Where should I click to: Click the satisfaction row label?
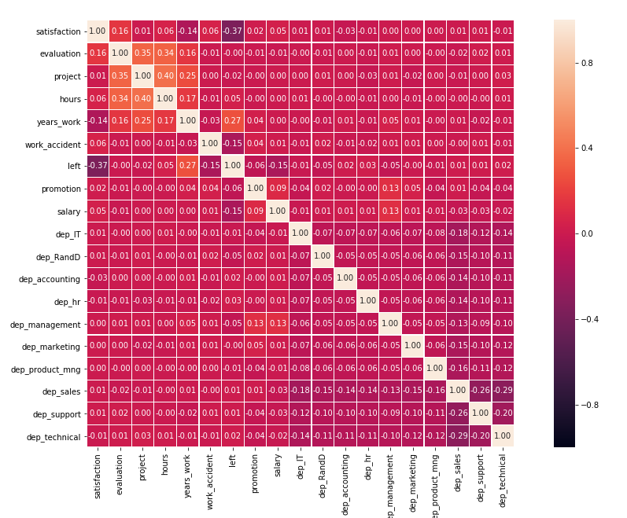(x=58, y=31)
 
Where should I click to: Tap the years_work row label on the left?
(x=57, y=121)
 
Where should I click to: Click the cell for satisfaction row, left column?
(x=232, y=31)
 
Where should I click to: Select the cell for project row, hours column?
(x=164, y=76)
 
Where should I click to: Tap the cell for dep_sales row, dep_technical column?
(x=503, y=391)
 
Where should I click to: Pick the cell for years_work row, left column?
(x=232, y=121)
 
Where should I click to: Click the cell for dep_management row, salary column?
(x=277, y=324)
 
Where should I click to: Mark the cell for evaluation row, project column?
(x=142, y=53)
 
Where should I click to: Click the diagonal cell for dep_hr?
(x=367, y=301)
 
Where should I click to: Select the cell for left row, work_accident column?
(x=209, y=166)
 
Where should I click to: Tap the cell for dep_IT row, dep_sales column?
(x=458, y=233)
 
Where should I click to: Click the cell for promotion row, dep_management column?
(x=390, y=189)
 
